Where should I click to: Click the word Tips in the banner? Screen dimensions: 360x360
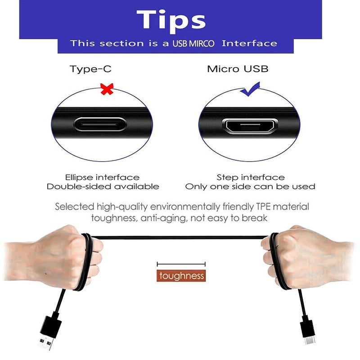[171, 21]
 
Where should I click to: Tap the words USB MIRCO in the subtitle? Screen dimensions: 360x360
[193, 43]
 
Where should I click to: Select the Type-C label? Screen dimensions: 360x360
[90, 69]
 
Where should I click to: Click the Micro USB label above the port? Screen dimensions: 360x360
[238, 69]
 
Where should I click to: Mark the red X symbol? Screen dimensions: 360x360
[107, 89]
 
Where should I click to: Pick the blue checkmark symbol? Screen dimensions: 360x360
[250, 89]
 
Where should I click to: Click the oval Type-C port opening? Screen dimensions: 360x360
[100, 125]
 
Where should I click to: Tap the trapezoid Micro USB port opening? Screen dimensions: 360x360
[250, 126]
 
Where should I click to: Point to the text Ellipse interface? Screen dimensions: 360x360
[102, 177]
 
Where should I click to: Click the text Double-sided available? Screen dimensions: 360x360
[103, 186]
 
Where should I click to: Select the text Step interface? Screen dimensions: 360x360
[251, 177]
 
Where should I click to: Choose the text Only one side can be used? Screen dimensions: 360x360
[250, 186]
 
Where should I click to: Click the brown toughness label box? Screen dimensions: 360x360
[181, 275]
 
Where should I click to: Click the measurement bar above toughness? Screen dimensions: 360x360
[181, 264]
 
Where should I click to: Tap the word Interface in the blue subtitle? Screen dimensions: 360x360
[250, 43]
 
